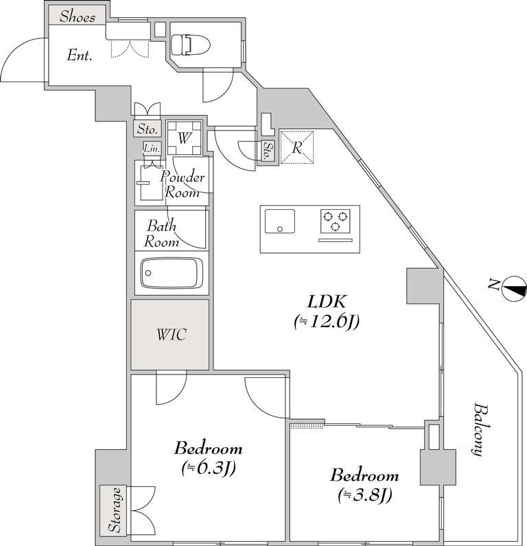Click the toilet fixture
191,44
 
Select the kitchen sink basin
280,221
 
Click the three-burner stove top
336,222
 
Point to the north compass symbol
515,288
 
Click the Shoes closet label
78,16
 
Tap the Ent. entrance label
80,56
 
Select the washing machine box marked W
184,138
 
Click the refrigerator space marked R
296,147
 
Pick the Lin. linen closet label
152,148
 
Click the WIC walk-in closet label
172,334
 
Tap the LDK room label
327,302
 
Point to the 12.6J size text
327,322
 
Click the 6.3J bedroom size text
209,468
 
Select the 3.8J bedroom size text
364,495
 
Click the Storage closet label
115,510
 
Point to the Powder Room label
182,185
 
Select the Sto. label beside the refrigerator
268,151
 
